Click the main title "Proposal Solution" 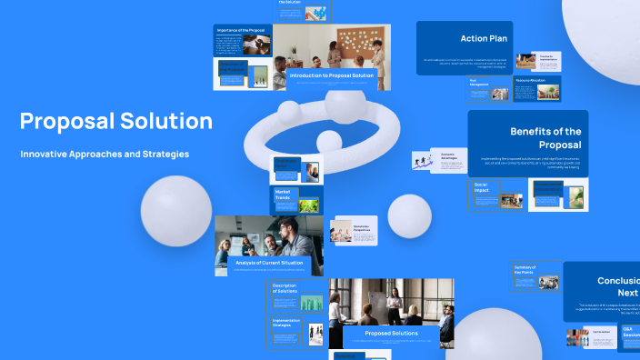point(116,121)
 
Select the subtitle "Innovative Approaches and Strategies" point(97,154)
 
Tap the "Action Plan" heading point(484,39)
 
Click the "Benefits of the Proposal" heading point(545,138)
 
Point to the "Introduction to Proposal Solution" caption point(332,75)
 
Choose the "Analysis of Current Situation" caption point(262,264)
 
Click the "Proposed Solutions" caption point(391,334)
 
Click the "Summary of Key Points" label point(525,269)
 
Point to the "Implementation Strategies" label point(286,323)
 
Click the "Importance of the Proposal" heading point(240,30)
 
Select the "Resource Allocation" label point(531,80)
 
